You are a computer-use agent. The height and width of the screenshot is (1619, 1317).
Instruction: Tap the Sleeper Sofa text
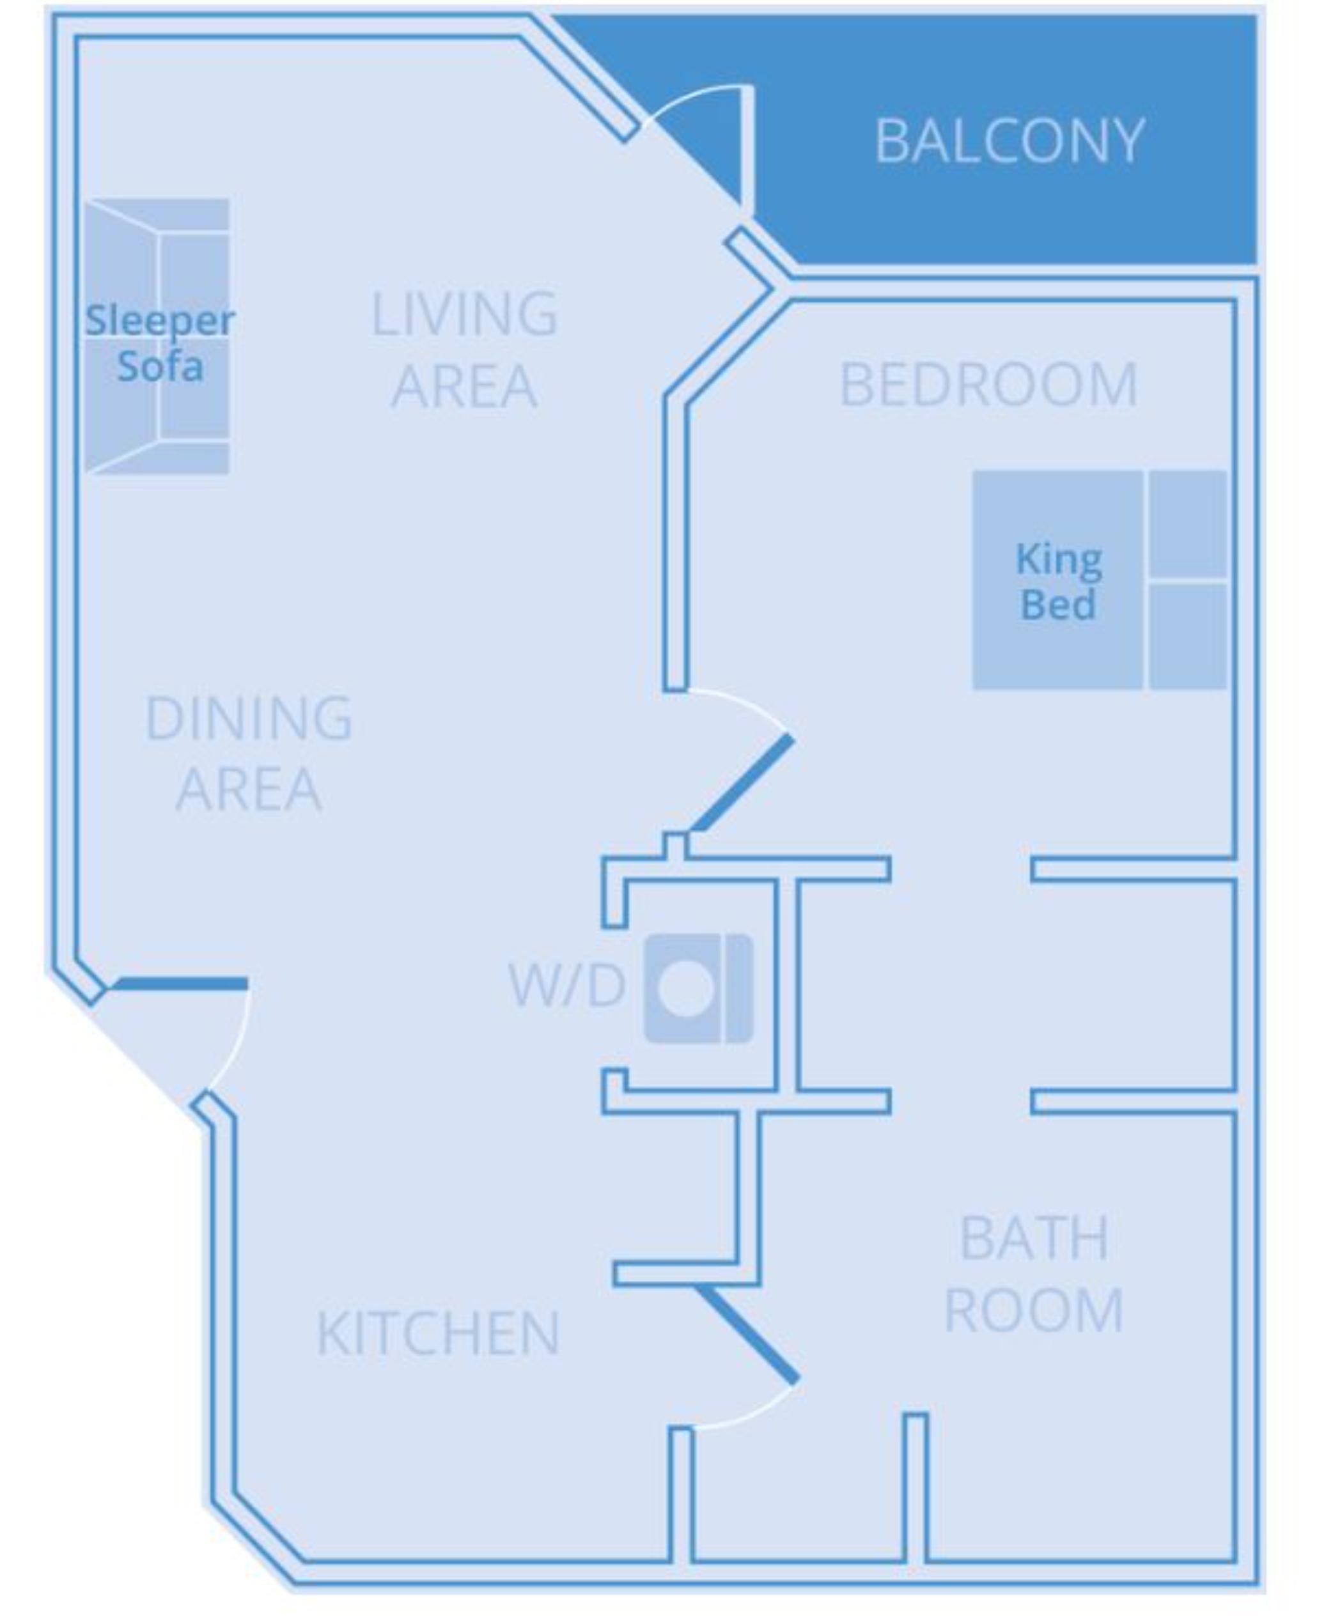pyautogui.click(x=159, y=343)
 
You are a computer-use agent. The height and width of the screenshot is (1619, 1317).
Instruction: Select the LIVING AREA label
pyautogui.click(x=464, y=350)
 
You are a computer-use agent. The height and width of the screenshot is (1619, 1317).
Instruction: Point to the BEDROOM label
pyautogui.click(x=988, y=385)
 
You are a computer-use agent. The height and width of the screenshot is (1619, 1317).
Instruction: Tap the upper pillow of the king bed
pyautogui.click(x=1187, y=523)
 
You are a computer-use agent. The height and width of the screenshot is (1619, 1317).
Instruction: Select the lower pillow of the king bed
pyautogui.click(x=1187, y=635)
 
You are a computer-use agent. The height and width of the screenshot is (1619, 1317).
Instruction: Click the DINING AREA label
pyautogui.click(x=248, y=753)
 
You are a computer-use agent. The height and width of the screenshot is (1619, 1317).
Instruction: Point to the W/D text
pyautogui.click(x=566, y=986)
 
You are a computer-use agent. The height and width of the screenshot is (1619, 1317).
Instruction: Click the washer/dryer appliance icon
pyautogui.click(x=699, y=988)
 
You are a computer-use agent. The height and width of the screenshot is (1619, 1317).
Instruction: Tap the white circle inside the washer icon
pyautogui.click(x=686, y=989)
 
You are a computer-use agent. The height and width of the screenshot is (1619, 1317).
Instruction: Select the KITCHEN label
pyautogui.click(x=438, y=1333)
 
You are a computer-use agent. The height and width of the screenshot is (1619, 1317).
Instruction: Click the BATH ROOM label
pyautogui.click(x=1033, y=1274)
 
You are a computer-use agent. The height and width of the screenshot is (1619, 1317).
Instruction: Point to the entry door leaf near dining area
pyautogui.click(x=180, y=984)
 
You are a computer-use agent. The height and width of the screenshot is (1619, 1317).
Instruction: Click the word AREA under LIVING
pyautogui.click(x=464, y=386)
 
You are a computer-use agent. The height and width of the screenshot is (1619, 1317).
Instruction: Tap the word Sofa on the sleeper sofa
pyautogui.click(x=160, y=367)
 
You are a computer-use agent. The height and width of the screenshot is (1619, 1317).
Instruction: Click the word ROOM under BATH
pyautogui.click(x=1033, y=1310)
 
